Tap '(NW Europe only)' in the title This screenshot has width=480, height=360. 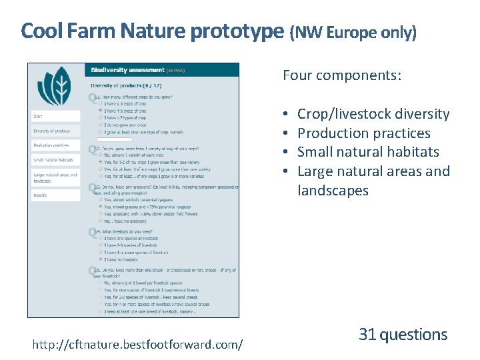click(x=353, y=32)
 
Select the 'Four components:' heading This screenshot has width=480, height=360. click(x=341, y=75)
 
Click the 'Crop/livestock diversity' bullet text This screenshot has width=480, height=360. click(x=373, y=114)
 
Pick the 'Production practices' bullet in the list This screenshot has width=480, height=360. click(x=363, y=133)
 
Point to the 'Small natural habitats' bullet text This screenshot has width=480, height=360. click(x=368, y=152)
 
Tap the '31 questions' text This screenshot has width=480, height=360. click(x=403, y=335)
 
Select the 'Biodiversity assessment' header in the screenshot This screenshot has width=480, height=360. click(x=128, y=70)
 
